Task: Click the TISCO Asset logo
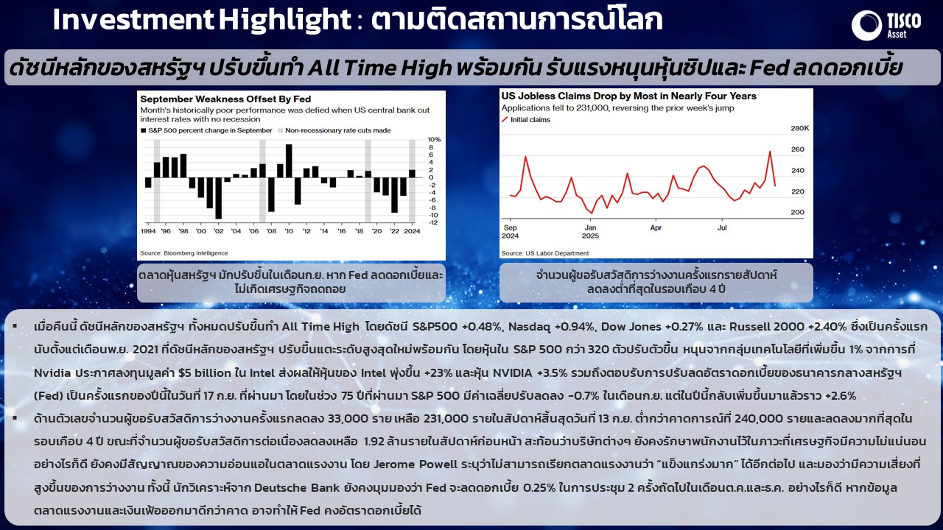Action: [x=886, y=25]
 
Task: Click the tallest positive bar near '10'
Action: [x=289, y=160]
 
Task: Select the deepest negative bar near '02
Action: [x=219, y=198]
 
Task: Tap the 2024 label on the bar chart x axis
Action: [x=412, y=231]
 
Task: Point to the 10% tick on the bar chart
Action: [x=434, y=139]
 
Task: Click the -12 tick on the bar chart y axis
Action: [x=433, y=222]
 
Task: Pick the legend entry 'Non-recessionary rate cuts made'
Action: [x=334, y=130]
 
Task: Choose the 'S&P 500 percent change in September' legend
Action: [x=207, y=130]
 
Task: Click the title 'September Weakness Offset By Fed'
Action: [x=225, y=99]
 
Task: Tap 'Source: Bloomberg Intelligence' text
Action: [x=184, y=253]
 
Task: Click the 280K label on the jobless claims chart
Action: [x=800, y=128]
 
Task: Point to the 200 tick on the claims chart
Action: [x=797, y=213]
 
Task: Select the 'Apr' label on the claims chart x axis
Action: [x=656, y=228]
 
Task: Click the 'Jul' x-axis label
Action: [x=722, y=227]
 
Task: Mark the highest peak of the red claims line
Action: [x=770, y=152]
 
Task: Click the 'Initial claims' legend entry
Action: [x=526, y=120]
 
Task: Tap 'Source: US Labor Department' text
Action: [x=545, y=253]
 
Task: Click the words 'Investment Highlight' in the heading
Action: [x=202, y=20]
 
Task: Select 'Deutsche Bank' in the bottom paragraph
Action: [x=297, y=488]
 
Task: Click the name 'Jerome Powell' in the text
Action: [x=416, y=464]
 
